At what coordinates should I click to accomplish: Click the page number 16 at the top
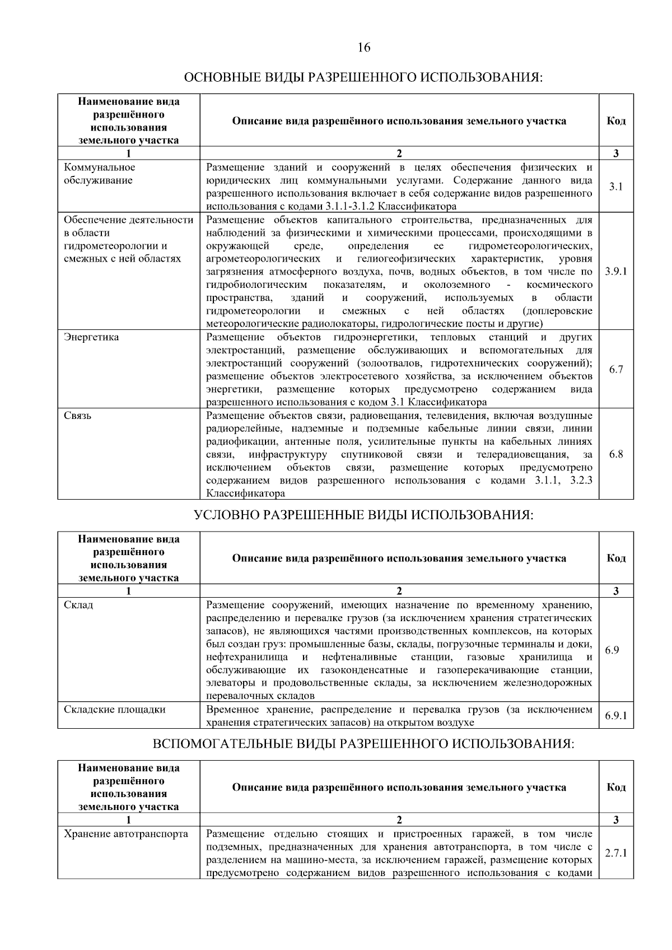tap(363, 47)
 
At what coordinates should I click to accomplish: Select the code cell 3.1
tap(615, 187)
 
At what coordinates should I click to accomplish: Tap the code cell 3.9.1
tap(615, 271)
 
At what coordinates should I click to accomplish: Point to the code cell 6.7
tap(615, 369)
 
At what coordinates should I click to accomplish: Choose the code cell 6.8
tap(615, 454)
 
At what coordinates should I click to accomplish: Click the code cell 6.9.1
tap(615, 715)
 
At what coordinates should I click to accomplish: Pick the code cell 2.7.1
tap(615, 853)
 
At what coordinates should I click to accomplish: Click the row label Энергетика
tap(91, 337)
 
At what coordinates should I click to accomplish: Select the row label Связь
tap(78, 416)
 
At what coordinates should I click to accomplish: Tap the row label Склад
tap(78, 605)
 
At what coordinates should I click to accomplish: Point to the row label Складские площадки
tap(115, 709)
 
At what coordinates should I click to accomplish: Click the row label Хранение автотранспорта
tap(126, 833)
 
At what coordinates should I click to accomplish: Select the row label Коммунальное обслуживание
tap(99, 174)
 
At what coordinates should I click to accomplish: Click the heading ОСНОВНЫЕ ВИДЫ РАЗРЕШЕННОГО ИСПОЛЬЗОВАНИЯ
tap(363, 77)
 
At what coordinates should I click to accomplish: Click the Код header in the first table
tap(616, 121)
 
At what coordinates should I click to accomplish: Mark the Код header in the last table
tap(616, 787)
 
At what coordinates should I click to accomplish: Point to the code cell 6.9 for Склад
tap(612, 650)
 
